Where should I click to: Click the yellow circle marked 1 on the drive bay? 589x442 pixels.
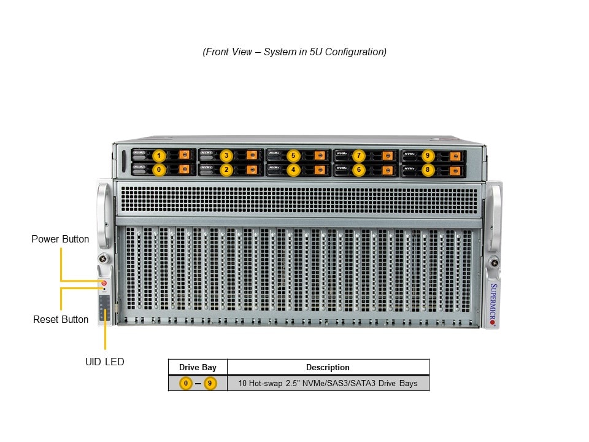[x=159, y=155]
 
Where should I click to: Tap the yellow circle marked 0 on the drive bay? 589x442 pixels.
[x=159, y=169]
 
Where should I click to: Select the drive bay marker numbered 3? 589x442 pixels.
[x=226, y=155]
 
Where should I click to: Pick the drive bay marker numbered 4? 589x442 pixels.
[x=293, y=169]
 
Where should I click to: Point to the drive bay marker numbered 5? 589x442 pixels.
[x=293, y=155]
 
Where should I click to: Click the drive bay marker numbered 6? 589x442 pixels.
[x=360, y=169]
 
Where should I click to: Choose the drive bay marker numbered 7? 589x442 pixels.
[x=360, y=155]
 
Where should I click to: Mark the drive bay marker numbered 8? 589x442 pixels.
[x=427, y=169]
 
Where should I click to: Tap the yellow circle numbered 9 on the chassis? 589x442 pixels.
[x=427, y=155]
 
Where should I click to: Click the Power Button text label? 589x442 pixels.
[x=60, y=239]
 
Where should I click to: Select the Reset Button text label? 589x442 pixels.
[x=61, y=319]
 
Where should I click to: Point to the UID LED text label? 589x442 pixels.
[x=104, y=362]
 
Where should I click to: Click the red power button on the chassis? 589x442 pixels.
[x=104, y=283]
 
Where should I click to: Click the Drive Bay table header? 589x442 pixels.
[x=198, y=367]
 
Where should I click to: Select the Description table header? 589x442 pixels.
[x=328, y=367]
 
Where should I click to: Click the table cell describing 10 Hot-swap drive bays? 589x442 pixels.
[x=328, y=383]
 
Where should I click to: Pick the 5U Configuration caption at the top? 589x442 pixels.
[x=294, y=52]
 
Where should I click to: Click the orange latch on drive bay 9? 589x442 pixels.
[x=455, y=155]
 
